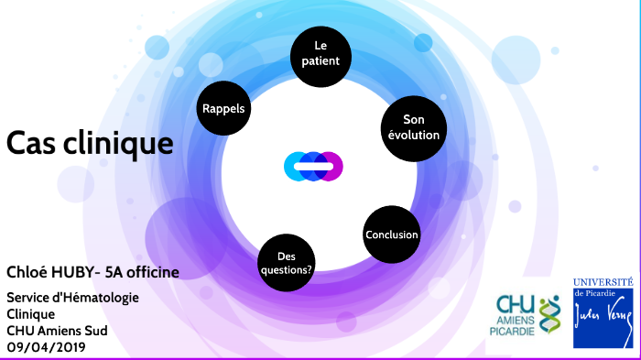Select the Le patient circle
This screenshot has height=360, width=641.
click(320, 53)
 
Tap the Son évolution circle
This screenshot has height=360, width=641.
click(414, 127)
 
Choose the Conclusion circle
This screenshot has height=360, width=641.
click(391, 235)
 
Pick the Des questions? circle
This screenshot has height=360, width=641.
click(287, 263)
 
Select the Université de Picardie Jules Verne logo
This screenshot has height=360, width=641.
click(603, 311)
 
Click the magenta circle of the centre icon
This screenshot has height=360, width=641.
click(335, 166)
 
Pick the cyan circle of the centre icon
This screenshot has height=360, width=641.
click(292, 166)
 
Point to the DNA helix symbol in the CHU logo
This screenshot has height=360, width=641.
click(549, 314)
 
